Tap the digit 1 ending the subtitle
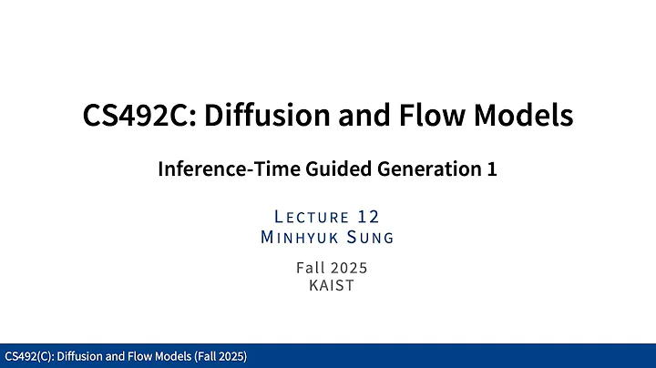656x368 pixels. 492,169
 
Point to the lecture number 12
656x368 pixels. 368,217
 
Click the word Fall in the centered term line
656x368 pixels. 310,268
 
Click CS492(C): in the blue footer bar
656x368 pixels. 28,356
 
